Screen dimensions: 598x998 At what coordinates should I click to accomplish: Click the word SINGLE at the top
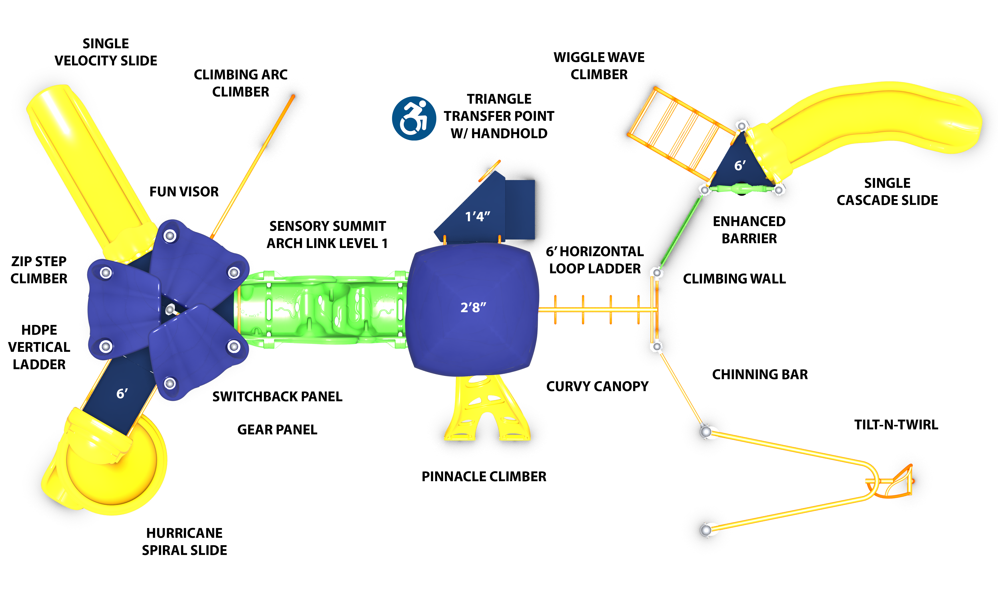106,43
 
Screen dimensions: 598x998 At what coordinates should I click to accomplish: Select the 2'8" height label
473,307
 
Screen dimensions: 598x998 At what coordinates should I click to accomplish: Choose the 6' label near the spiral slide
122,393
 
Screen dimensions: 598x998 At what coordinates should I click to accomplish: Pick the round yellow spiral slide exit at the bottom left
109,467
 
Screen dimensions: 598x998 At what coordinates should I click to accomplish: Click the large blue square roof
473,282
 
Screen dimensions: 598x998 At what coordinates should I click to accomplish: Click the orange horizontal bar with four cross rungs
597,310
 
